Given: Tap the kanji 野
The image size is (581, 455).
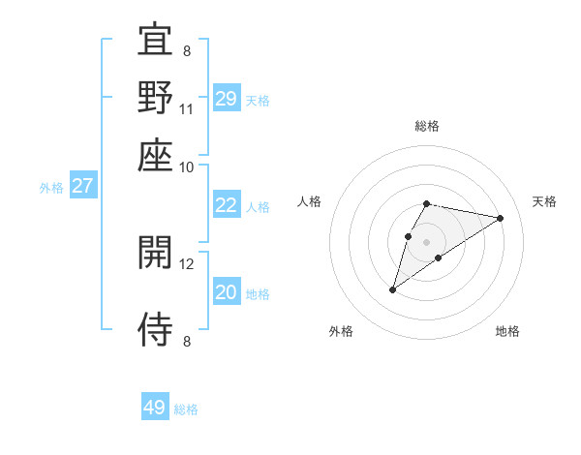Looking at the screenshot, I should point(155,97).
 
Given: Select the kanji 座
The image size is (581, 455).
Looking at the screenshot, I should point(155,154).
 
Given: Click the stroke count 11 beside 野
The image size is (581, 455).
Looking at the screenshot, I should point(187,109).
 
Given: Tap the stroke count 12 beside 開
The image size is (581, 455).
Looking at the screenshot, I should point(187,263).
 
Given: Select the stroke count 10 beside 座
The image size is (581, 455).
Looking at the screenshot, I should point(187,167).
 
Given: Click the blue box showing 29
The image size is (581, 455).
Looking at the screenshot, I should point(227,99).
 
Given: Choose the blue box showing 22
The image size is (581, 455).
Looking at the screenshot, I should point(227,205).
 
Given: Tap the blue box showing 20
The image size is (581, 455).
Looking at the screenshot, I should point(227,292).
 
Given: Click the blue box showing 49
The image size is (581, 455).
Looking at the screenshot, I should point(155,408).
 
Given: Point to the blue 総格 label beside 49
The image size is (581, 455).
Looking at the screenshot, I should point(186,409).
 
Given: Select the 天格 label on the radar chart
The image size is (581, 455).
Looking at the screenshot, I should point(544,201).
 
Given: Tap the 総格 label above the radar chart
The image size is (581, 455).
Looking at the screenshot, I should point(427,126).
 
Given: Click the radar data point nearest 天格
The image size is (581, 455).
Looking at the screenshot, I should point(501,218).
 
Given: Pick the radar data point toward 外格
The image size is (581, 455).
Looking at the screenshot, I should point(393,288).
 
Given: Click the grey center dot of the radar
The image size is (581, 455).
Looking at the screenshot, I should point(427,241).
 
